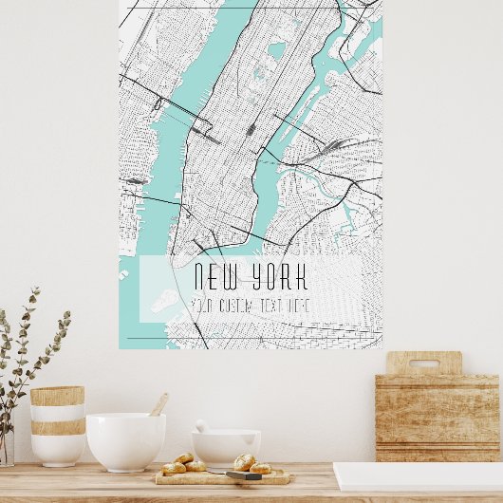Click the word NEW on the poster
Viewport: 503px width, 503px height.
[x=214, y=277]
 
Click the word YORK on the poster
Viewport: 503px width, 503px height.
[x=275, y=277]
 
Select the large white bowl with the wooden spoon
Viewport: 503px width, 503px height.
[x=125, y=441]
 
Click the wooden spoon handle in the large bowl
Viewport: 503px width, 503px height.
[x=159, y=404]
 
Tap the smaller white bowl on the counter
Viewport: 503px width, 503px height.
[x=226, y=447]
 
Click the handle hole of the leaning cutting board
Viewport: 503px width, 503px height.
[x=424, y=363]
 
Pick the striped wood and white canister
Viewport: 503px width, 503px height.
[x=57, y=424]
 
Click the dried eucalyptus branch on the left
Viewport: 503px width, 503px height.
[x=28, y=351]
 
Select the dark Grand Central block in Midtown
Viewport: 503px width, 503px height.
[x=251, y=128]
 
